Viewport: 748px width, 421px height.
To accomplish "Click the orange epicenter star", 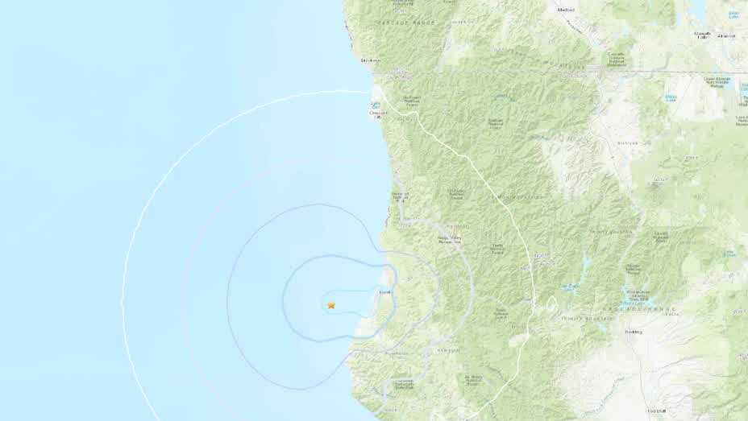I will tap(331, 305).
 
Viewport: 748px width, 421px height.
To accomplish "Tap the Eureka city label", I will tap(385, 292).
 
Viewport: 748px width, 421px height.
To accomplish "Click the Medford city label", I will tap(566, 10).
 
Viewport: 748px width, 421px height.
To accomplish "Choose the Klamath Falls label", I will tap(704, 35).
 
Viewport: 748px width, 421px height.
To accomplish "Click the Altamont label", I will tap(727, 35).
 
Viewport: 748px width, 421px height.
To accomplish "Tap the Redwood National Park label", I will tap(401, 196).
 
